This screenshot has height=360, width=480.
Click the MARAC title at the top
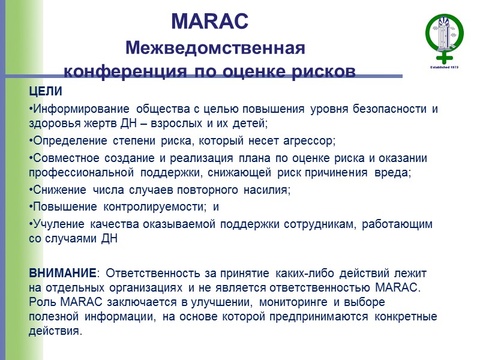209,22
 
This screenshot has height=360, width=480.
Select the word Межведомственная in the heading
215,47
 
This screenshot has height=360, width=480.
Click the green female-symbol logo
445,37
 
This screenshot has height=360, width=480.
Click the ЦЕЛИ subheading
46,92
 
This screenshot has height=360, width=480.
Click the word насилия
268,191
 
